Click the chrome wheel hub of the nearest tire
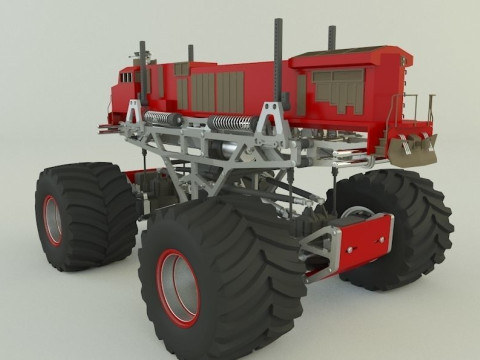pos(181,287)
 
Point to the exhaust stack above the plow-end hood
pos(331,37)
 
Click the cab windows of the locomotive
pos(126,76)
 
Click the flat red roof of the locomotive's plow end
pos(350,55)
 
